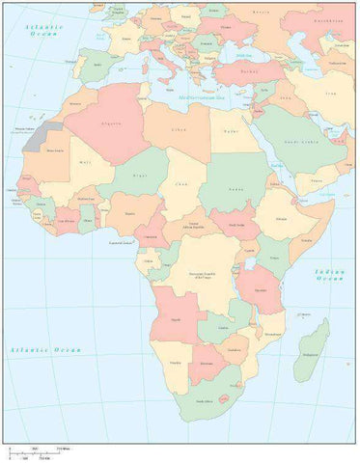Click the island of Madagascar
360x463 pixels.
312,350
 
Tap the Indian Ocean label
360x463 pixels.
329,276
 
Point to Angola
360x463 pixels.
177,315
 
